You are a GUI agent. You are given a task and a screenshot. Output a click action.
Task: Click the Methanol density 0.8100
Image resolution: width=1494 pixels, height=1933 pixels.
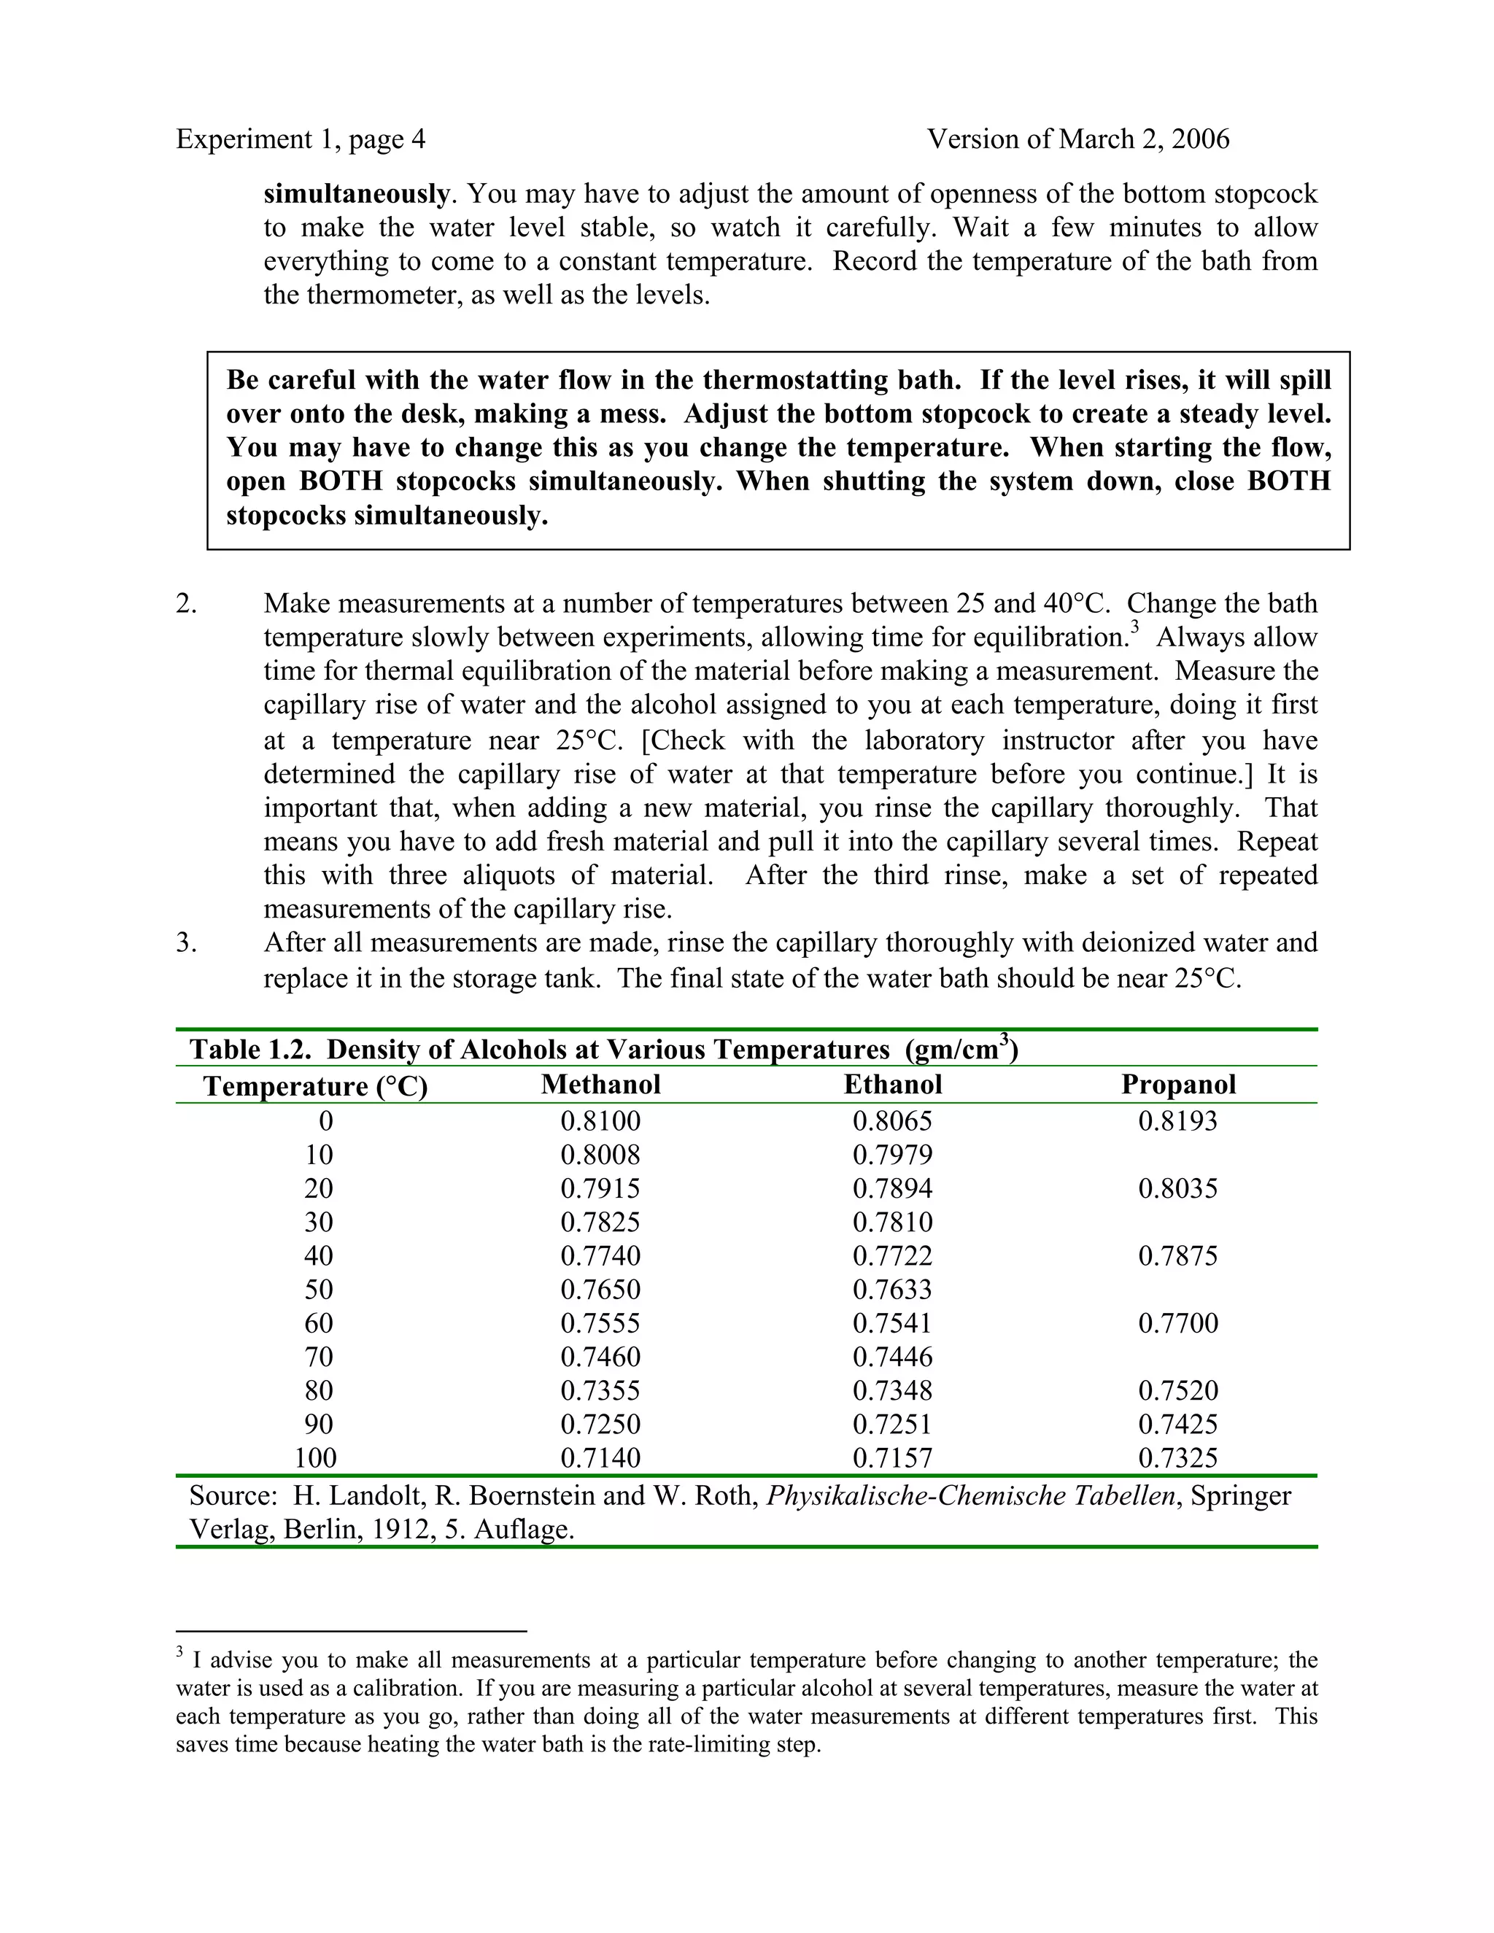tap(600, 1121)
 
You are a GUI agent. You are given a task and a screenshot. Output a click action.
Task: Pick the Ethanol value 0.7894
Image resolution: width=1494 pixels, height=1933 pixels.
tap(892, 1189)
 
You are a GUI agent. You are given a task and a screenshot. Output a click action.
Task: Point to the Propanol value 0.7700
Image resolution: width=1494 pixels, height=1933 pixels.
tap(1178, 1323)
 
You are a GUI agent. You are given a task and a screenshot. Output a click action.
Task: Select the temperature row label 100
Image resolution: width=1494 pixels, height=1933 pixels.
tap(315, 1457)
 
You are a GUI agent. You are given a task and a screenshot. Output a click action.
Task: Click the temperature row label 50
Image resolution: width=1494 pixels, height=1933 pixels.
tap(319, 1290)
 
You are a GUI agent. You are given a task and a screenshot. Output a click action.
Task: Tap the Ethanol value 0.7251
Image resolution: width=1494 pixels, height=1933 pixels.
tap(892, 1424)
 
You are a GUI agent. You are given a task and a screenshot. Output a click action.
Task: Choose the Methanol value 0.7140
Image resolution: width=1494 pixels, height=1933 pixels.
tap(600, 1457)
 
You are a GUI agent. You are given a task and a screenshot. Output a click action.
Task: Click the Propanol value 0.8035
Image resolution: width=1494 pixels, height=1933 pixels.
tap(1178, 1189)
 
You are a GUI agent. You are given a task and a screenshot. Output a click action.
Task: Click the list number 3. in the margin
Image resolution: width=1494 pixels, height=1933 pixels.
tap(186, 942)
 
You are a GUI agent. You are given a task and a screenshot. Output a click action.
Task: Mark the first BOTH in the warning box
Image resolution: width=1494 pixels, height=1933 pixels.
tap(341, 481)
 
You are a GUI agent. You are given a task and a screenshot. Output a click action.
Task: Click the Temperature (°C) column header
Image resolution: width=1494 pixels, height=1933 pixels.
tap(315, 1086)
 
